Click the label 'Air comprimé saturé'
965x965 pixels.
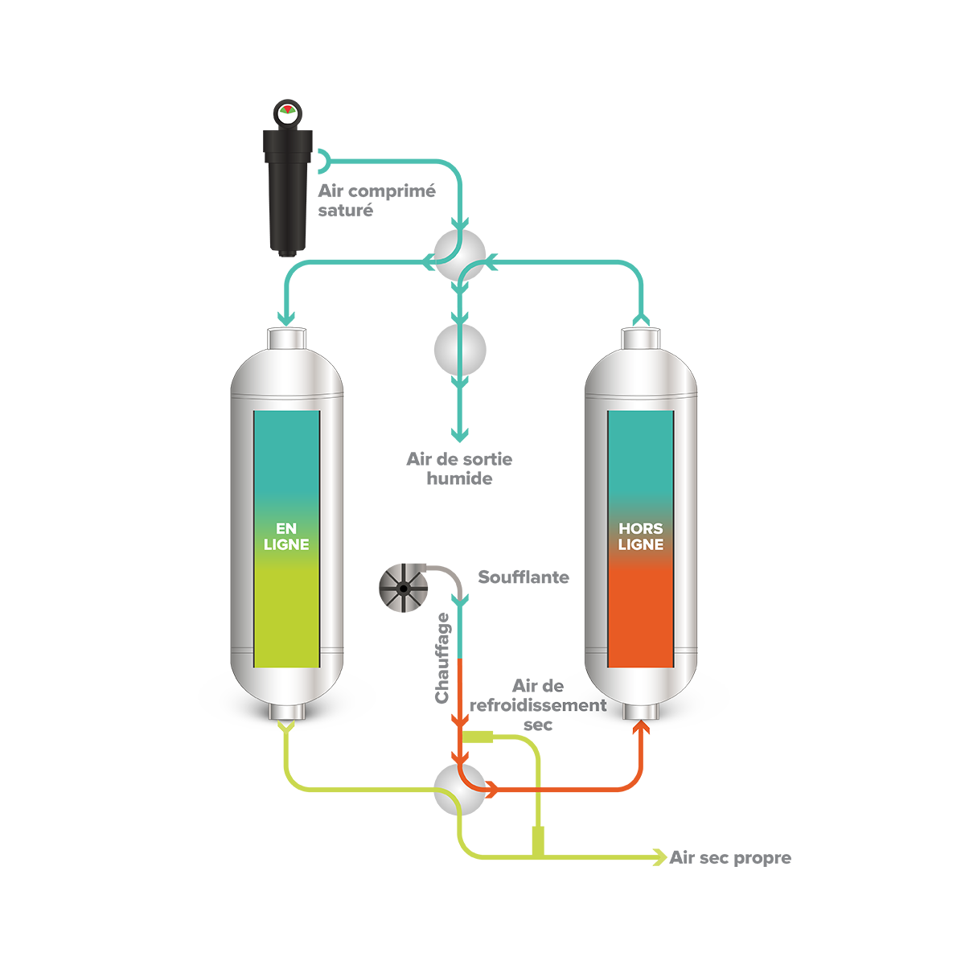coord(376,200)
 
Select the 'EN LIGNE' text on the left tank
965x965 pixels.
coord(286,536)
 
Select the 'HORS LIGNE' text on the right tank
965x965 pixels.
coord(640,536)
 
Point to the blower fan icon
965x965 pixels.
coord(403,587)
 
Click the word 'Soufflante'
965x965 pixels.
coord(524,577)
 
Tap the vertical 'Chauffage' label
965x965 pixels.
coord(442,658)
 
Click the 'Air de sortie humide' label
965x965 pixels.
coord(459,469)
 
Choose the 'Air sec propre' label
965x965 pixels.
coord(730,858)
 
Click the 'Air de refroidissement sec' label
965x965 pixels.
coord(538,705)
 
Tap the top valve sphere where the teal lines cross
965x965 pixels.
coord(460,255)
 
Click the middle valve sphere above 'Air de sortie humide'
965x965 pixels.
coord(460,350)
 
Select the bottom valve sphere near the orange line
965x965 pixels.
coord(460,790)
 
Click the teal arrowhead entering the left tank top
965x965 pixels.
coord(286,318)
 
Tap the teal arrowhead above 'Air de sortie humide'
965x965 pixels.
coord(460,434)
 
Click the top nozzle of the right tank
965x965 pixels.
coord(641,339)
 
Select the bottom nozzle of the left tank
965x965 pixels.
coord(286,712)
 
